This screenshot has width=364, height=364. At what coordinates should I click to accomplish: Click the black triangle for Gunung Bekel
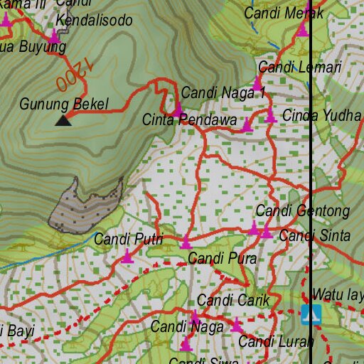[63, 119]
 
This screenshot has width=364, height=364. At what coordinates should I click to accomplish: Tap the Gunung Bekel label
[64, 105]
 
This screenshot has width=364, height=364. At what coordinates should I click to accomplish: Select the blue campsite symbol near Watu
[311, 314]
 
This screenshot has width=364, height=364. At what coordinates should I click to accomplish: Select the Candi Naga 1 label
[223, 92]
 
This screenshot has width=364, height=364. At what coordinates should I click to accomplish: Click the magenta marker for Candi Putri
[127, 256]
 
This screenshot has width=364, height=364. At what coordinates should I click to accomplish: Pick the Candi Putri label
[128, 240]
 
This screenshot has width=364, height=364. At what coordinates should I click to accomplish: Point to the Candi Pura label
[222, 259]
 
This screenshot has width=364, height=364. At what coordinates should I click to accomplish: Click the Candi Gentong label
[302, 211]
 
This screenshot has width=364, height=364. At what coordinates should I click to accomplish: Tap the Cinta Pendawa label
[189, 120]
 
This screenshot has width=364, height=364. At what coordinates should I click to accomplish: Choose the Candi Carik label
[233, 301]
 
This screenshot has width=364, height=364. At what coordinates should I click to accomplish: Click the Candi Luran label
[275, 342]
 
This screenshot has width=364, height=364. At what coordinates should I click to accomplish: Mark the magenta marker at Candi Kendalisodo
[54, 34]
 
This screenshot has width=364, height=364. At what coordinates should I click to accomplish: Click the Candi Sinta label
[314, 236]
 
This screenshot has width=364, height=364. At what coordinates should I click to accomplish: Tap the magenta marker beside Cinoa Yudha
[270, 116]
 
